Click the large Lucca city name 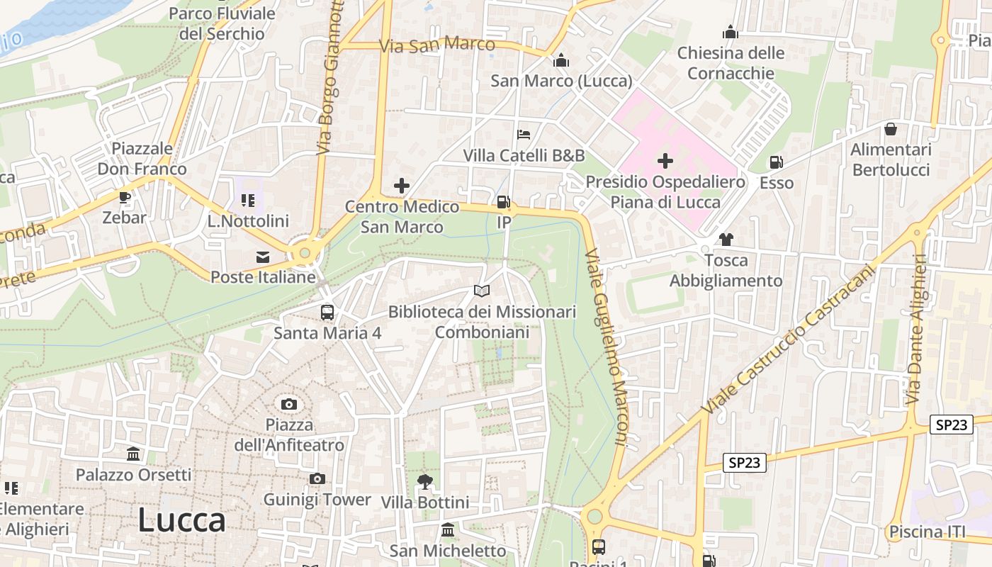[181, 520]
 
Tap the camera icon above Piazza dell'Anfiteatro [289, 404]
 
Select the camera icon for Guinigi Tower [317, 479]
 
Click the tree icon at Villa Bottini [424, 482]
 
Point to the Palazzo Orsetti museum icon [133, 454]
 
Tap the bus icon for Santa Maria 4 [327, 312]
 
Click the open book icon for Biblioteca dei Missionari [482, 291]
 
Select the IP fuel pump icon [504, 202]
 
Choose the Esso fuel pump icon [776, 162]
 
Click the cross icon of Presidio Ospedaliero [665, 161]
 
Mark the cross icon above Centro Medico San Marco [402, 186]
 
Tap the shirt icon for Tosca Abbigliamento [726, 240]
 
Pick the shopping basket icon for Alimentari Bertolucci [891, 129]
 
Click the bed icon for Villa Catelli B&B [524, 134]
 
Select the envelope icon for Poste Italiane [263, 257]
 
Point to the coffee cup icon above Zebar [125, 197]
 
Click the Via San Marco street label [436, 45]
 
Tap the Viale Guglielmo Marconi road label [607, 347]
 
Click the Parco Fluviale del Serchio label [222, 23]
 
